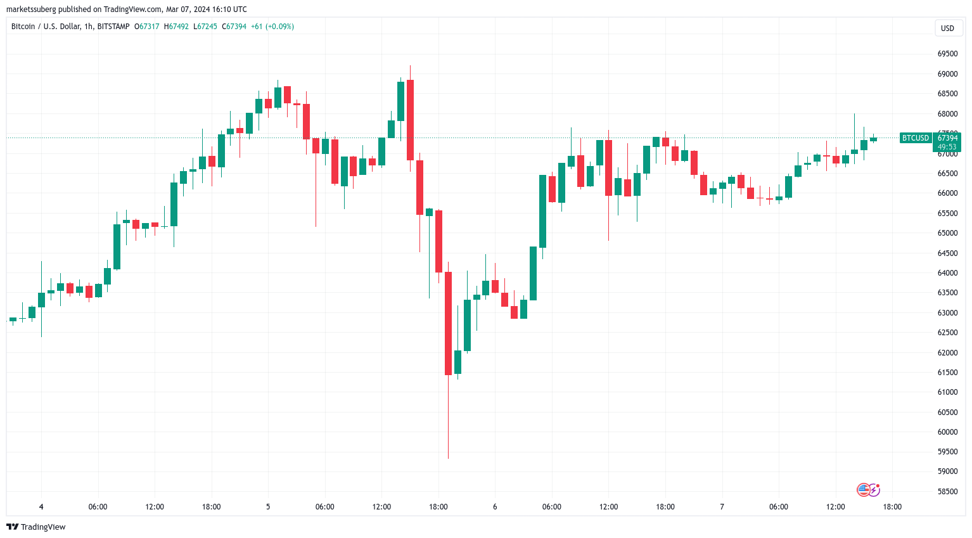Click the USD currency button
click(947, 29)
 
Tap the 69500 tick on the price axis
click(947, 54)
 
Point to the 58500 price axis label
click(947, 492)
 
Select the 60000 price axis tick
click(947, 432)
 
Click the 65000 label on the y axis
click(947, 233)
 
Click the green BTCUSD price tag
click(915, 138)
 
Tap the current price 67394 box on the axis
click(947, 138)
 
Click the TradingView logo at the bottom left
click(36, 527)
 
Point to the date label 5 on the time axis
click(268, 507)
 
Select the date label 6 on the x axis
click(495, 507)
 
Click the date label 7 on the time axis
click(722, 507)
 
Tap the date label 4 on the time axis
click(41, 507)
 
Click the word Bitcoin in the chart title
click(23, 27)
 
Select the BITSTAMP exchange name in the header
click(113, 27)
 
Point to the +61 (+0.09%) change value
click(272, 27)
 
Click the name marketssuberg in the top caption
click(31, 10)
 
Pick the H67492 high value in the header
click(176, 27)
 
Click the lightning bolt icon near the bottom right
click(874, 490)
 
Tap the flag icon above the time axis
click(863, 490)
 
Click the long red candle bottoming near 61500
click(448, 323)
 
